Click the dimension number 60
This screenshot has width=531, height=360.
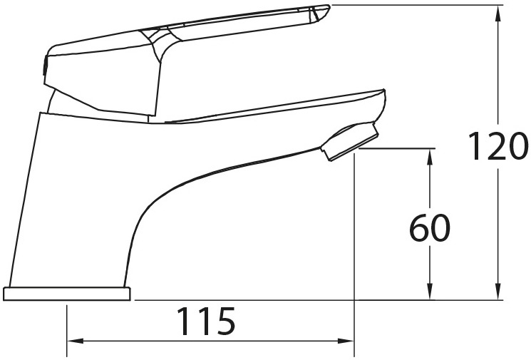[x=430, y=227]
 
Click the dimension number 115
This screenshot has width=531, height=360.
[x=206, y=321]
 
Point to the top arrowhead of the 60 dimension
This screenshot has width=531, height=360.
[x=430, y=157]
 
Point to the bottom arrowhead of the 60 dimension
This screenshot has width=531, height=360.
[x=430, y=292]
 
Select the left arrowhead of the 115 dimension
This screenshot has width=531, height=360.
[x=76, y=341]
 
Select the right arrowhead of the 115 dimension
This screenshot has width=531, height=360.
[x=346, y=341]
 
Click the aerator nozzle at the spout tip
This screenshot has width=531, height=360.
[x=349, y=142]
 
